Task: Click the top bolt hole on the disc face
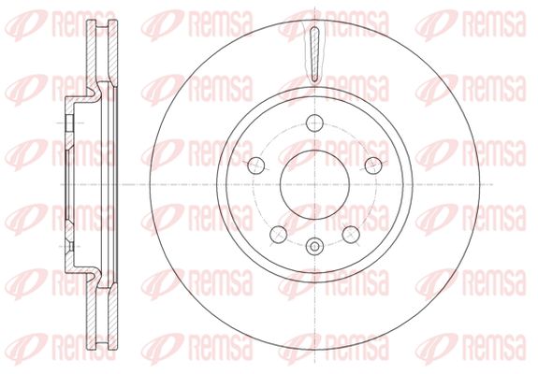314,122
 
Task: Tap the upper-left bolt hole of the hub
256,165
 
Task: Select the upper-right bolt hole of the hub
373,165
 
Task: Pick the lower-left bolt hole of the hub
278,235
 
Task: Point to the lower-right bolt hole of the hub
351,235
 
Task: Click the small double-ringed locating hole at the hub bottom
314,247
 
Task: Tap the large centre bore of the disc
314,184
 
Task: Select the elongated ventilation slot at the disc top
314,55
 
